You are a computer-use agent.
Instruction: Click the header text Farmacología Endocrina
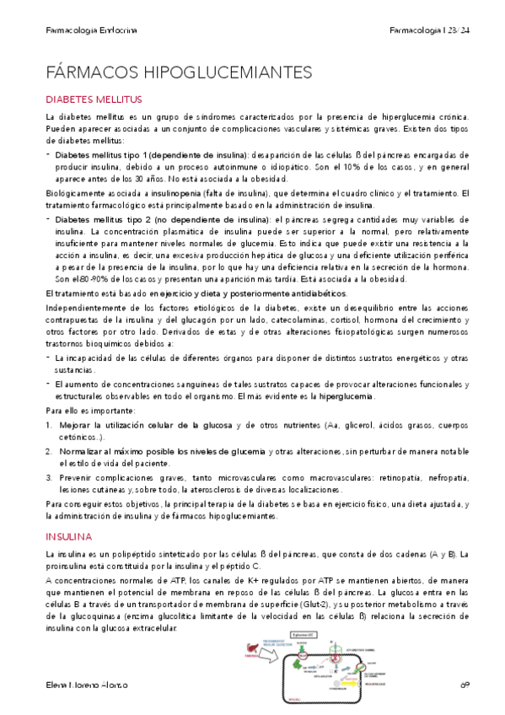coord(91,30)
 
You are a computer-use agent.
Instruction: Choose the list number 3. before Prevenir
coord(49,477)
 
